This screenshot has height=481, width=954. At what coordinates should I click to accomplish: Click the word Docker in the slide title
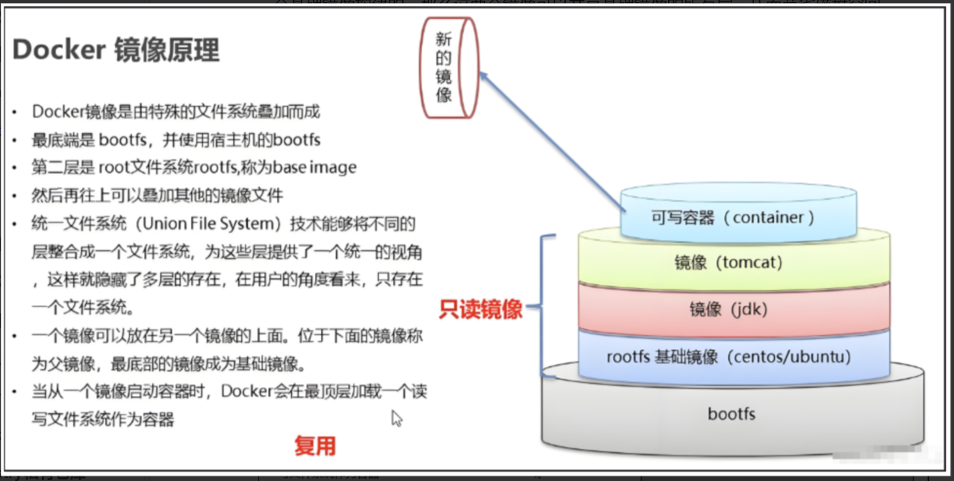pos(59,49)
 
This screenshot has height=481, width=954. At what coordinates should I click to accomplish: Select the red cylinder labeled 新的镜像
pos(449,68)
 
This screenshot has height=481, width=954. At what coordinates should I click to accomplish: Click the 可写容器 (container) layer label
pos(733,218)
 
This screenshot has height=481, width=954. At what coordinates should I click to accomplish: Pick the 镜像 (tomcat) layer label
pos(729,262)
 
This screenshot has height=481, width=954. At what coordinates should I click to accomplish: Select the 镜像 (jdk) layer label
pos(729,309)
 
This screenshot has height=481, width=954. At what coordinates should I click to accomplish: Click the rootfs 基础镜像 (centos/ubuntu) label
pos(729,356)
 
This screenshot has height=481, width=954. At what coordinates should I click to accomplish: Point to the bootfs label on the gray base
pos(732,413)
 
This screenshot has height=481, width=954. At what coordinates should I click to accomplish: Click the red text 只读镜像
pos(481,309)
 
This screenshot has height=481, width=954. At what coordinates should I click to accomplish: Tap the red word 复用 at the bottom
pos(315,446)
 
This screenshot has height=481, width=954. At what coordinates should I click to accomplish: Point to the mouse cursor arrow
pos(396,418)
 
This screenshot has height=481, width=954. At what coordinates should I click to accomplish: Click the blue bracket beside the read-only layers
pos(542,306)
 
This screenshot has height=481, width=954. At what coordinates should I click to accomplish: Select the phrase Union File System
pos(211,224)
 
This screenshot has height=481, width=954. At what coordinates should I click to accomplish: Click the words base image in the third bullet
pos(314,167)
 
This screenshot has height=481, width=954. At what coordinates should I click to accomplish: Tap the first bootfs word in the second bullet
pos(122,139)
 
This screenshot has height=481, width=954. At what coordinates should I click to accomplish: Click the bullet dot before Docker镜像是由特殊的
pos(15,113)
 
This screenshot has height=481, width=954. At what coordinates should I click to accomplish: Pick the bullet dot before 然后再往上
pos(15,196)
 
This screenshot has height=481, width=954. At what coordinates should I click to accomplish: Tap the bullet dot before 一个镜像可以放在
pos(15,336)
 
